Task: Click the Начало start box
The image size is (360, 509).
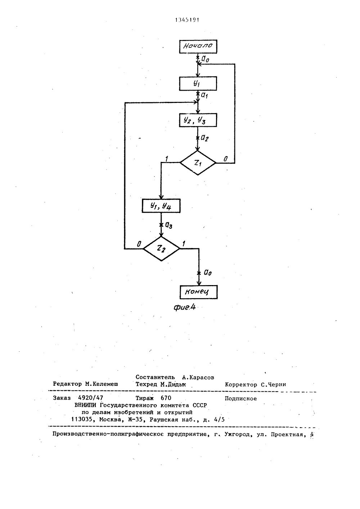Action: click(x=198, y=46)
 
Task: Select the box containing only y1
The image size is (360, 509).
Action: click(x=198, y=84)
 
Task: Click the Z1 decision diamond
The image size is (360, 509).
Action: click(x=198, y=163)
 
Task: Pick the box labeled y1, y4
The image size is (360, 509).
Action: click(x=161, y=206)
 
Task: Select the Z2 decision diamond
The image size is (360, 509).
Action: click(x=161, y=248)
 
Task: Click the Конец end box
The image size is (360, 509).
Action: click(x=198, y=291)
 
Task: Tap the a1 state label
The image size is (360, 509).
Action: click(x=204, y=95)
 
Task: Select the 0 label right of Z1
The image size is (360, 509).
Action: click(x=225, y=159)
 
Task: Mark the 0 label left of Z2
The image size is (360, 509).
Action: click(x=138, y=244)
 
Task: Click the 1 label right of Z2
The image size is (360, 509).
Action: click(x=184, y=244)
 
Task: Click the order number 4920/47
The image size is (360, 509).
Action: click(x=90, y=398)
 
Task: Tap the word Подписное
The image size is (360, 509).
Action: click(x=240, y=398)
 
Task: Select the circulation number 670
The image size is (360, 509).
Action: click(x=166, y=398)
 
